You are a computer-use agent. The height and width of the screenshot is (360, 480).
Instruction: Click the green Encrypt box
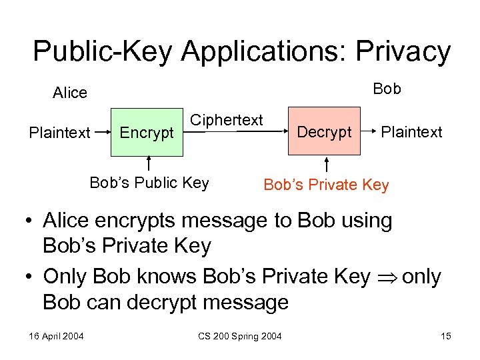pos(147,132)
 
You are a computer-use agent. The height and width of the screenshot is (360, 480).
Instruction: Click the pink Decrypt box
pos(324,131)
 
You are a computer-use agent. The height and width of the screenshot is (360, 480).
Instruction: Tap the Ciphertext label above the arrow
pos(227,120)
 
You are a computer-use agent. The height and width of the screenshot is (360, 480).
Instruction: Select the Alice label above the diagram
pos(70,93)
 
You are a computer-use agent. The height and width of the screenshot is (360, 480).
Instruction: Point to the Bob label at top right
pos(387,89)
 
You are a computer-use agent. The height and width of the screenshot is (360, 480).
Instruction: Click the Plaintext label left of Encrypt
pos(59,133)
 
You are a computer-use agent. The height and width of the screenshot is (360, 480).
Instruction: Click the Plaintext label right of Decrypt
pos(411,132)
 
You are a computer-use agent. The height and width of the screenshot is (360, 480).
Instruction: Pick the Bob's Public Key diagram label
pos(149,183)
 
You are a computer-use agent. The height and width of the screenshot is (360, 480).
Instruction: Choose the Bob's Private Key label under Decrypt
pos(326,185)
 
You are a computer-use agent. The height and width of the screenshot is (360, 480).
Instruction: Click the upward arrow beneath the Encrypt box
pos(149,164)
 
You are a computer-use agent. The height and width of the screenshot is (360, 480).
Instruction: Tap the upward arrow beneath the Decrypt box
pos(327,164)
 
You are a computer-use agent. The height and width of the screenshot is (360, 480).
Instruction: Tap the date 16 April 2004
pos(56,335)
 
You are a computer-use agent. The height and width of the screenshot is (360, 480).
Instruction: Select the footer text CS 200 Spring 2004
pos(239,335)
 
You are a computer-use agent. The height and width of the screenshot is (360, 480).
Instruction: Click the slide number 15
pos(445,335)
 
